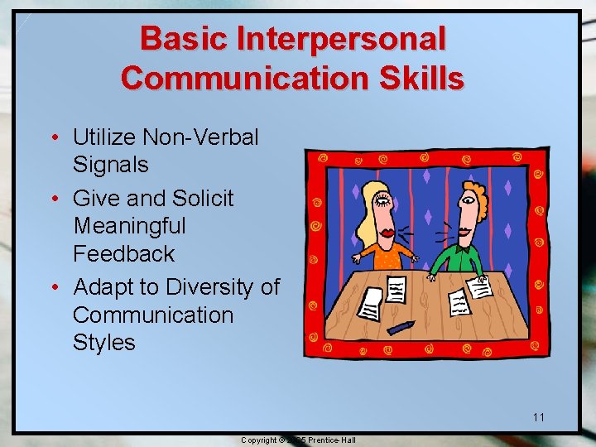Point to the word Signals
click(111, 164)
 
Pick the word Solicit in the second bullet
click(204, 199)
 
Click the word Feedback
click(123, 253)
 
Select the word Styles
click(103, 343)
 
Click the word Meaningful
click(129, 226)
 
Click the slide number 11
click(539, 416)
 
